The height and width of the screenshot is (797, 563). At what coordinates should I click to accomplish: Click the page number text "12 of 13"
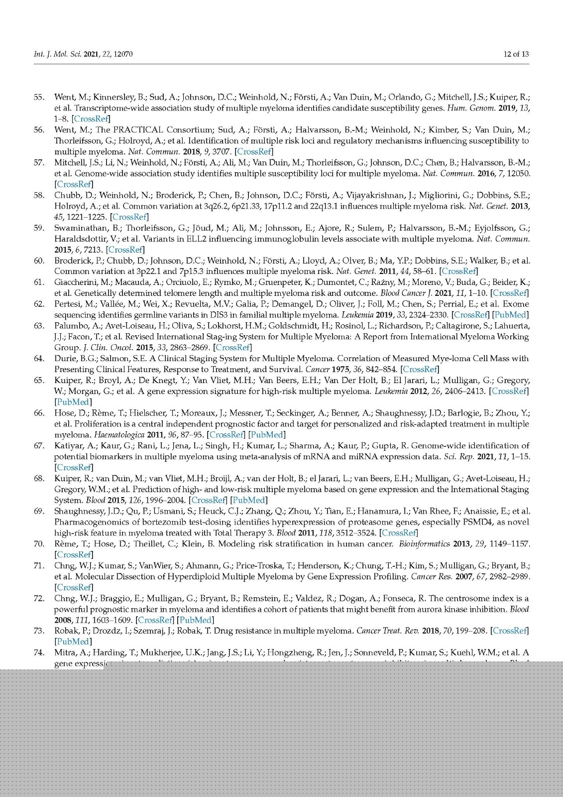pos(516,54)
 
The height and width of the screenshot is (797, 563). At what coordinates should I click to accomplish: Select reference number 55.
pos(39,97)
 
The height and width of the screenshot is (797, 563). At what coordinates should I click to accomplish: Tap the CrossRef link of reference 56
pos(254,151)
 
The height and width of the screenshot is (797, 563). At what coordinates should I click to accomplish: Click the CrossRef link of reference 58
pos(129,217)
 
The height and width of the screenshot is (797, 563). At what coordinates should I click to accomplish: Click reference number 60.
pos(39,261)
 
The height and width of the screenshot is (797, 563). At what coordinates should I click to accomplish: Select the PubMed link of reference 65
pos(73,402)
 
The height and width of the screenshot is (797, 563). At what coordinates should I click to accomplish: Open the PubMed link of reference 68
pos(249,500)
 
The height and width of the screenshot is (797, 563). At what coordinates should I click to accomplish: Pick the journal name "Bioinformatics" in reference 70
pos(424,544)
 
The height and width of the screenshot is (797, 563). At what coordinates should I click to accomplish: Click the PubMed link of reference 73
pos(73,642)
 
